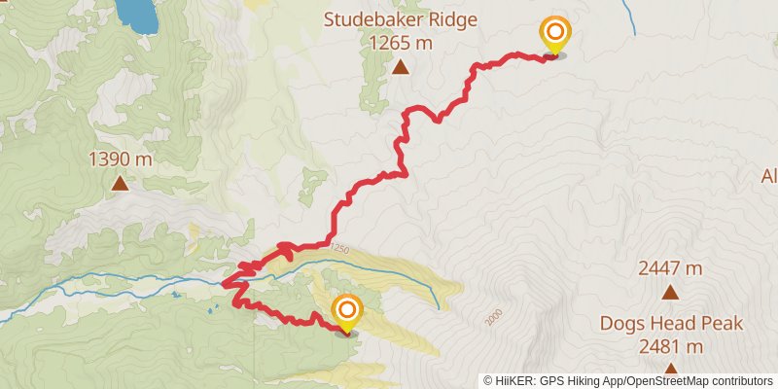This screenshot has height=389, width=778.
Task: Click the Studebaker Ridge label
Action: pos(401,19)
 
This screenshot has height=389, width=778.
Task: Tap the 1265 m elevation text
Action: pos(401,43)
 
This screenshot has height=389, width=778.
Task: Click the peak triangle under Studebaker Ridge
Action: pos(401,67)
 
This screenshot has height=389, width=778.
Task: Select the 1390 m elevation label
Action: pos(121,159)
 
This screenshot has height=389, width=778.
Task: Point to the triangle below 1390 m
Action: pos(121,183)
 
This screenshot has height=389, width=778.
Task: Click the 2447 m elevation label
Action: pos(670,268)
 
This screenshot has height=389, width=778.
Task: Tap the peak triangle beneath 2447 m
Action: pos(670,292)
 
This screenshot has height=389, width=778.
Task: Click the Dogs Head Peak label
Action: pos(671,324)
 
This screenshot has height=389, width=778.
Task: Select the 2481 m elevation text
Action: pos(671,346)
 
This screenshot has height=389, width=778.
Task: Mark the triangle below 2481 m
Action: pos(671,368)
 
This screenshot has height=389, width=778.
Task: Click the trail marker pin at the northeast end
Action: pos(554,35)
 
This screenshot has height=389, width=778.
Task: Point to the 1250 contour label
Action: pos(338,250)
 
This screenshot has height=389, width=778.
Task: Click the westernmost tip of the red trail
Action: pos(224,283)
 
